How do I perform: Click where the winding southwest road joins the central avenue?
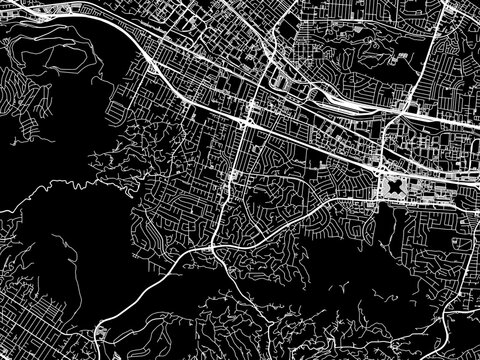[217, 240]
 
